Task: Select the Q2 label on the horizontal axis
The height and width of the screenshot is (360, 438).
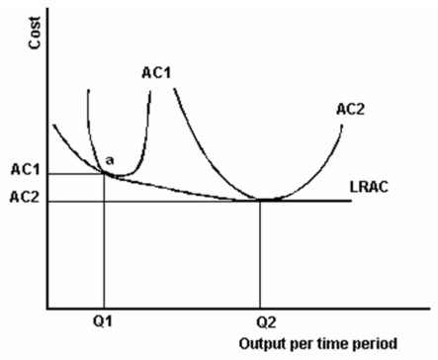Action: [x=261, y=321]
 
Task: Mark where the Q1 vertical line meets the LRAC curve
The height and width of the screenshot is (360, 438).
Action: [x=104, y=173]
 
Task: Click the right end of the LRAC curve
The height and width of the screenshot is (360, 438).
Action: [x=351, y=200]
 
